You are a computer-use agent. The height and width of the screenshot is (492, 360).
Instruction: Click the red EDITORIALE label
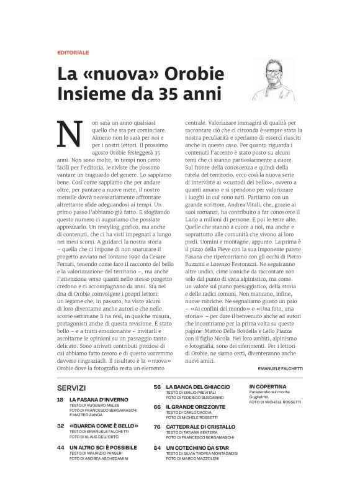[x=73, y=52]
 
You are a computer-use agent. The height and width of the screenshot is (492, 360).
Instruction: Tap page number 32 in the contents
[x=60, y=426]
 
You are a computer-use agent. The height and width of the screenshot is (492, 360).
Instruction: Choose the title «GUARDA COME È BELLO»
[x=104, y=426]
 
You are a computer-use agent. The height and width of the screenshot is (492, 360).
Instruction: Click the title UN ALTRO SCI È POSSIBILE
[x=103, y=447]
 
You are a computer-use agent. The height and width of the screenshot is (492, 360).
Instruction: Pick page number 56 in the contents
[x=157, y=386]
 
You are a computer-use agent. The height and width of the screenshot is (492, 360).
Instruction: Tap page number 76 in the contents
[x=157, y=427]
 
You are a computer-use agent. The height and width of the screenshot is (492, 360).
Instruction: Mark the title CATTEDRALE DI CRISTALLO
[x=200, y=427]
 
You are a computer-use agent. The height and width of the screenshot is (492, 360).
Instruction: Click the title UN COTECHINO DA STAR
[x=197, y=447]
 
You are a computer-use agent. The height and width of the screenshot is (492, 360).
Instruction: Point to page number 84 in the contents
[x=157, y=447]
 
